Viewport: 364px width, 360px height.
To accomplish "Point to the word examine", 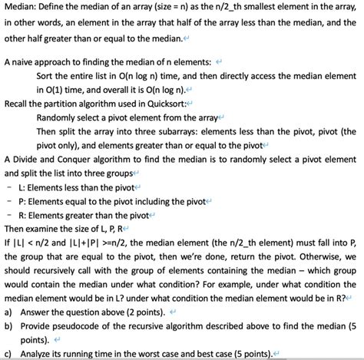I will [46, 233].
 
